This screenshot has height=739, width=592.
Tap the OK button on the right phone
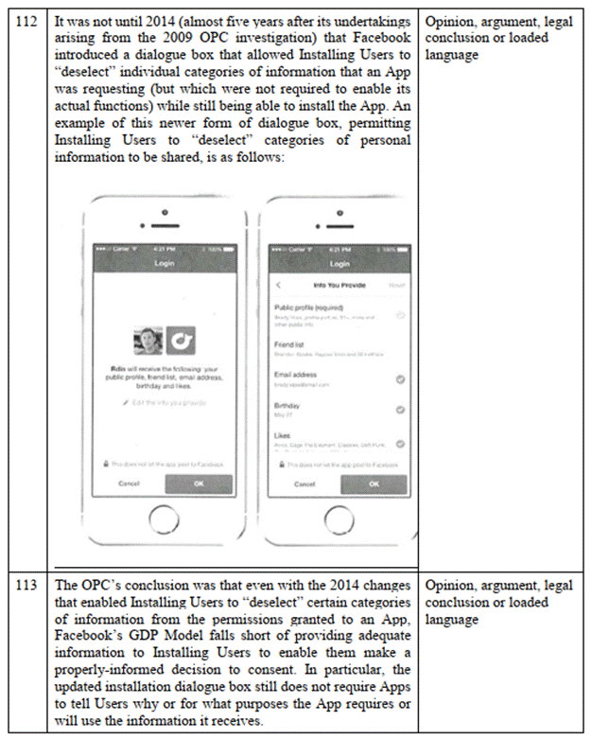374,483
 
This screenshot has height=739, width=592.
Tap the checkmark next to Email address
401,379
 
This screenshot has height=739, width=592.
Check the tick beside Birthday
401,410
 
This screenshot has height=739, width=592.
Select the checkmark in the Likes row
401,443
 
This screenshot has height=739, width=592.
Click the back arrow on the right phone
279,284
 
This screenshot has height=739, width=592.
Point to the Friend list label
289,345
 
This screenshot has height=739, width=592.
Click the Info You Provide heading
338,284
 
